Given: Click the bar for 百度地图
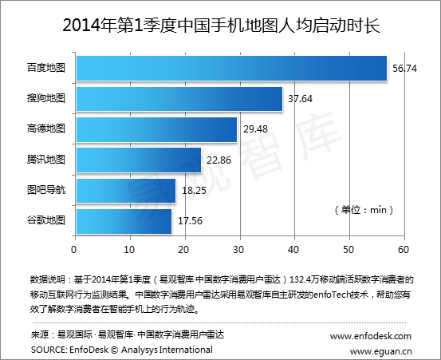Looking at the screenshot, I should click(x=231, y=69).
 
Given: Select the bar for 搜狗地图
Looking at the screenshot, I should click(x=179, y=99).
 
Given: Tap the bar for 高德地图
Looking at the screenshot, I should click(x=157, y=129).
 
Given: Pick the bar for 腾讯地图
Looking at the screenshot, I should click(x=139, y=160).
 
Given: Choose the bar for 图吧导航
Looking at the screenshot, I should click(x=126, y=190).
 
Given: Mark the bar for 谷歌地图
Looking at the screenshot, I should click(x=124, y=220).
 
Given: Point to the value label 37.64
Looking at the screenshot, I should click(x=301, y=99).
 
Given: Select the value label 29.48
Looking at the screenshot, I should click(x=256, y=129).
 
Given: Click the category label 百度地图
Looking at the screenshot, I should click(x=46, y=69).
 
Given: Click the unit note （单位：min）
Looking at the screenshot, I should click(x=364, y=209).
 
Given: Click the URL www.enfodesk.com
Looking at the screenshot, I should click(x=371, y=336).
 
